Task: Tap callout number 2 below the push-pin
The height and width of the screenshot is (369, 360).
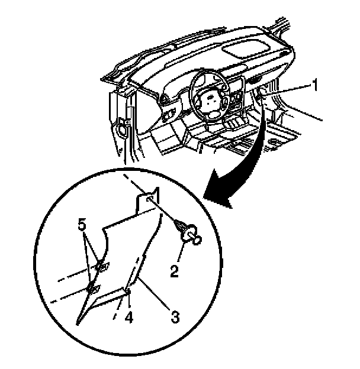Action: [x=174, y=271]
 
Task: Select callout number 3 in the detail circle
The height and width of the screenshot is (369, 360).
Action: [x=175, y=316]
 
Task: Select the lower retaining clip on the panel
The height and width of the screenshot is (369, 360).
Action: [x=92, y=288]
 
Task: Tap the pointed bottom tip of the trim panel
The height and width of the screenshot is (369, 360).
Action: [x=79, y=322]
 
